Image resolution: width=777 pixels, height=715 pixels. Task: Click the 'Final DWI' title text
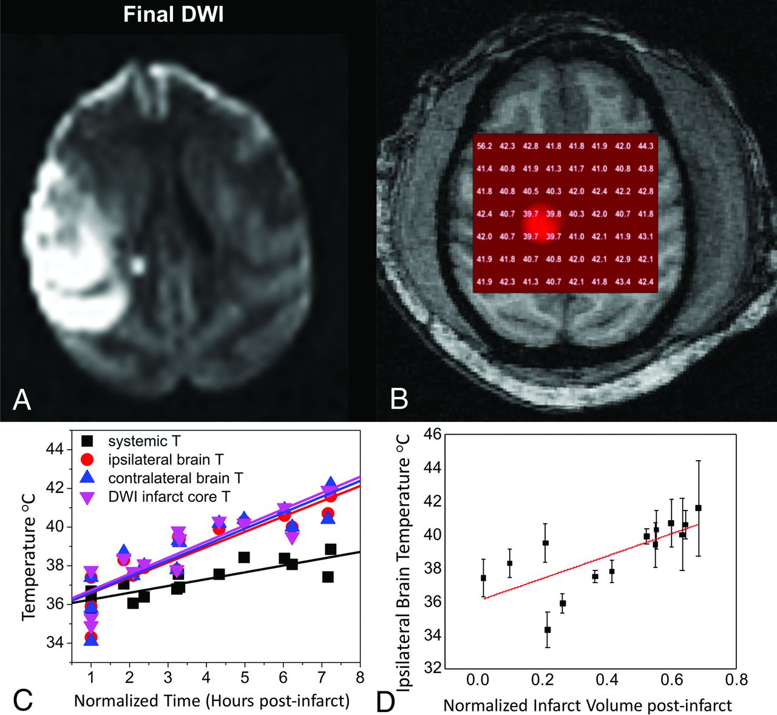173,15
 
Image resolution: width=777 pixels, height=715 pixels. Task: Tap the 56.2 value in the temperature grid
484,146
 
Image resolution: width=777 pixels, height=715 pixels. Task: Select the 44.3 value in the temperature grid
646,146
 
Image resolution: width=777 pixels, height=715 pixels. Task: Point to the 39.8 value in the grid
554,214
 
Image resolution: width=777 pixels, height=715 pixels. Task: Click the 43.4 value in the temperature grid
623,282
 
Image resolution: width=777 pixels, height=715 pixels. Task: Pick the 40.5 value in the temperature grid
531,192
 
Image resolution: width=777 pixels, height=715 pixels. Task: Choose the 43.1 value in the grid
646,237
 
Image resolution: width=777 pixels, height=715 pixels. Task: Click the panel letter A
22,399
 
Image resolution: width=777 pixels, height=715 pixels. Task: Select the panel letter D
386,702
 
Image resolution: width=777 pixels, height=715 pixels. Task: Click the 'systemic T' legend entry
144,441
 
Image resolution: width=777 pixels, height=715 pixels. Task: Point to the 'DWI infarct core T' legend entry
169,496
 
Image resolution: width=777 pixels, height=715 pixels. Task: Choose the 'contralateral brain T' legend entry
175,478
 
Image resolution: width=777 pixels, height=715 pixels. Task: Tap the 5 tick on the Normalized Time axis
245,677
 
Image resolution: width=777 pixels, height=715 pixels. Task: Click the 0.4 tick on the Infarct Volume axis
606,679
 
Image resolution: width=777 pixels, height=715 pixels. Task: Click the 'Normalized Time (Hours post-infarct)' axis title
212,701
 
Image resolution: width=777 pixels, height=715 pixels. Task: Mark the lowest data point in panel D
548,629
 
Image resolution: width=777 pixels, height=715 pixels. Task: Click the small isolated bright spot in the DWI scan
138,265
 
